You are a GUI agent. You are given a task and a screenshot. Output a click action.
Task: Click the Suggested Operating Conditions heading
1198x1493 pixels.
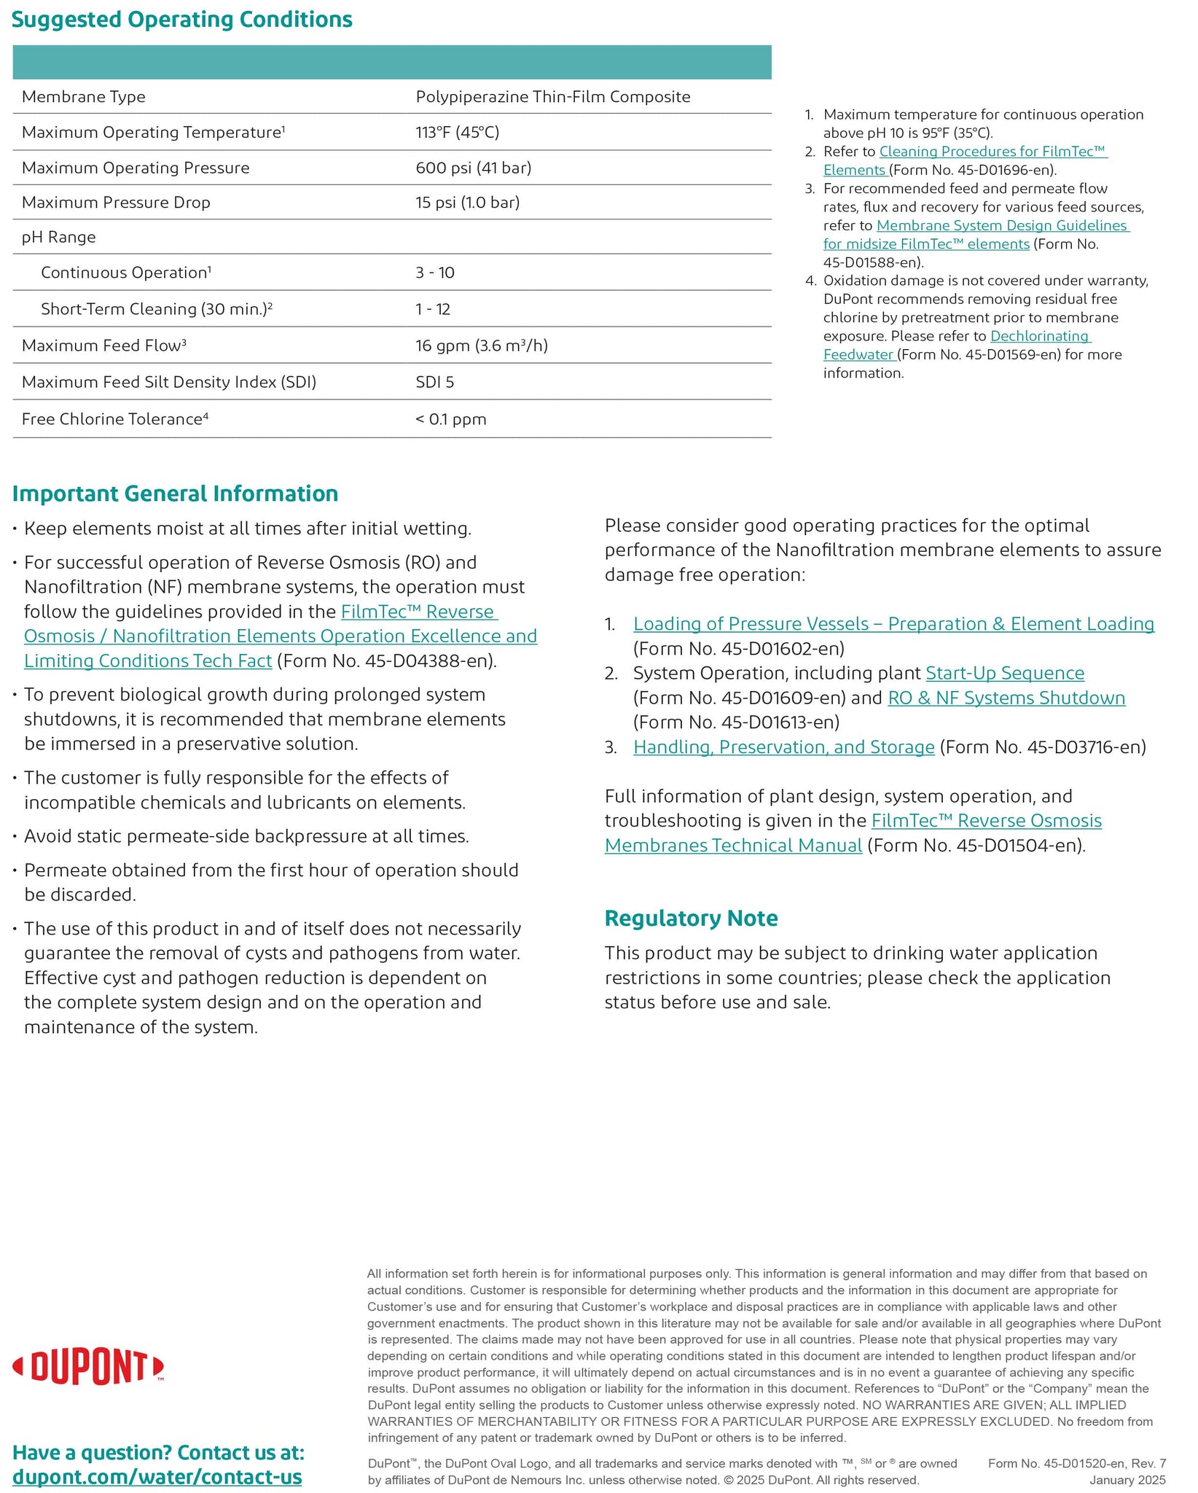181,20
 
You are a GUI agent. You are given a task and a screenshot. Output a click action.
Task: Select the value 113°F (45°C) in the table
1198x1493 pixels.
457,132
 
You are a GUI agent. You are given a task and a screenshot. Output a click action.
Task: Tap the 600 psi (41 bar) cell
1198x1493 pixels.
473,168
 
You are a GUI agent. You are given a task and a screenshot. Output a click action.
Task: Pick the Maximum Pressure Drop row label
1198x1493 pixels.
116,203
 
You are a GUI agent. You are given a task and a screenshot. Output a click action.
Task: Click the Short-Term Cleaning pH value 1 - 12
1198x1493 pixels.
433,309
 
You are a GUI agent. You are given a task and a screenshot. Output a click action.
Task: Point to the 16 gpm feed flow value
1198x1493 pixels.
481,346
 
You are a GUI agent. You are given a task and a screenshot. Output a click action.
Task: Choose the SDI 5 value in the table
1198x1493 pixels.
434,382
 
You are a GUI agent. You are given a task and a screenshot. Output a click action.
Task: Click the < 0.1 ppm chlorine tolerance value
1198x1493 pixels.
450,419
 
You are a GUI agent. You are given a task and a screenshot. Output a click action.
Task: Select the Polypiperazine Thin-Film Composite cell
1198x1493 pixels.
552,97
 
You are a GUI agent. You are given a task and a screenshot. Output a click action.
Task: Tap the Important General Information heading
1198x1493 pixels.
175,494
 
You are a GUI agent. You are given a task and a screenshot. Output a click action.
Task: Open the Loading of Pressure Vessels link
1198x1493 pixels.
893,624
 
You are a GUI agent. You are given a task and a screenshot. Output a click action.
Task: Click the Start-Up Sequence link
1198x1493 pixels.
1004,673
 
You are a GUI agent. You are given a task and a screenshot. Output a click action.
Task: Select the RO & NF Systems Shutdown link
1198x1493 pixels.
1006,698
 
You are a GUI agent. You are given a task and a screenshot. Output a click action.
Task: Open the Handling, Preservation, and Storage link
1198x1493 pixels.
783,747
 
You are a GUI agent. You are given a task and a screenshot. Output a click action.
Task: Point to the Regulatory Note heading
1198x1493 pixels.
691,918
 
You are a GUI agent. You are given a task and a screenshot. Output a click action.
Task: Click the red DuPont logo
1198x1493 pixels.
88,1368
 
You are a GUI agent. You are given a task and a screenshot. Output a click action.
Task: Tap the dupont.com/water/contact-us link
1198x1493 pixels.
157,1477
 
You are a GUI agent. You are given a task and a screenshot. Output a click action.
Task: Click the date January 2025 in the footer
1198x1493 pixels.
1127,1480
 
